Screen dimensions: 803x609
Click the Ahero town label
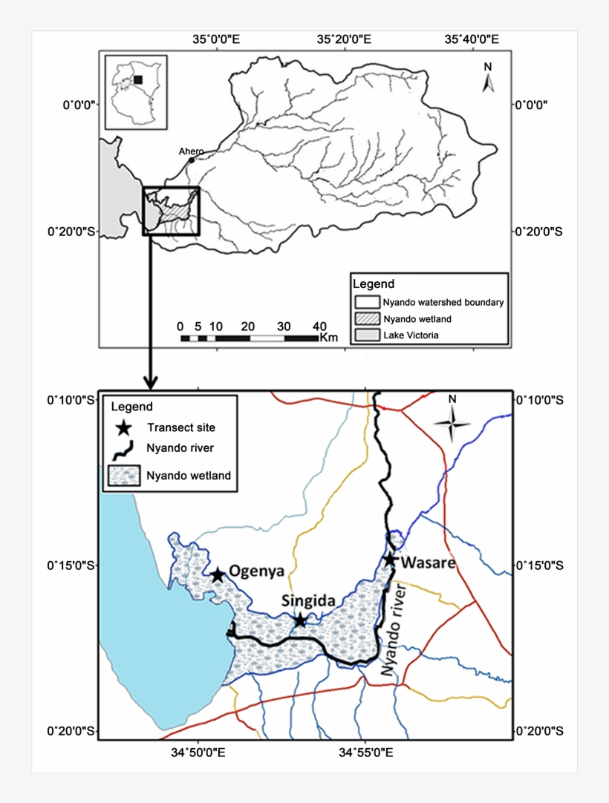coord(190,151)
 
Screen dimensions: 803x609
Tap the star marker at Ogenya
coord(218,575)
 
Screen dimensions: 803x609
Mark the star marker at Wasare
coord(390,559)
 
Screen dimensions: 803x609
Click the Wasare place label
coord(428,563)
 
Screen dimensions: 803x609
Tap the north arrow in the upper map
coord(488,78)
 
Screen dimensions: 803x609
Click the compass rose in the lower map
coord(452,423)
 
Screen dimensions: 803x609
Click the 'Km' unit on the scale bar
coord(328,338)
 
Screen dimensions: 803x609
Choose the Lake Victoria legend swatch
coord(366,335)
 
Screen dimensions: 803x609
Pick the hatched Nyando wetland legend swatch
coord(366,318)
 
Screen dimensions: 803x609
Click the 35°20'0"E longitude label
coord(344,38)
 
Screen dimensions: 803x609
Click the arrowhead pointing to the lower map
coord(150,384)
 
